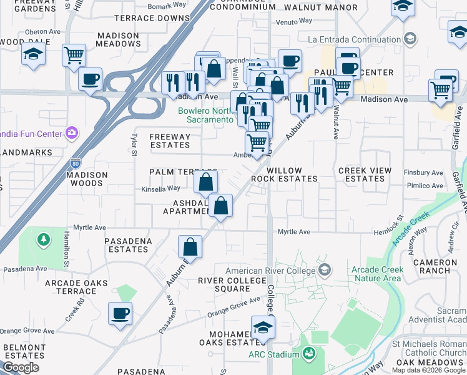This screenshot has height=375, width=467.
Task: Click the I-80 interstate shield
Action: pos(75,161)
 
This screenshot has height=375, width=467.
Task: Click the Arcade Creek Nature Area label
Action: pos(377,274)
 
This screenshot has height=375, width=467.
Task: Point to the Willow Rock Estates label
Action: pos(284,174)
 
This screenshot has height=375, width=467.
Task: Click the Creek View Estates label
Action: pos(365,174)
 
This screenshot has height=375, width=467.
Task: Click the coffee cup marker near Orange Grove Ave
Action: pos(120,313)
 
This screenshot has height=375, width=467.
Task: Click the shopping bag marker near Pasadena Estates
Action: pos(190,247)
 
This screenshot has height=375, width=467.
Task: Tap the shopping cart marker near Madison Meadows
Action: pos(74,56)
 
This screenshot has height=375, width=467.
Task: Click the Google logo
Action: pos(21,367)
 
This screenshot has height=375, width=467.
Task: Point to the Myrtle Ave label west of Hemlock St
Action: pos(294,232)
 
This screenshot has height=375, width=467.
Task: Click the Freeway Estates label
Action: pos(170,141)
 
